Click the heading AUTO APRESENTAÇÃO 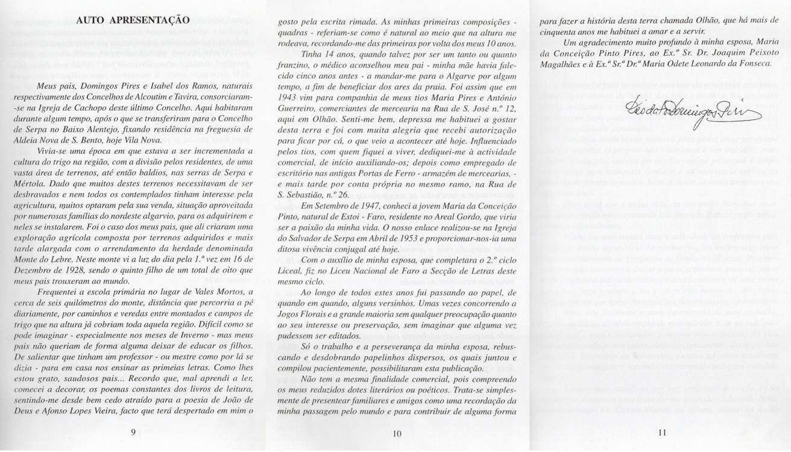coord(133,20)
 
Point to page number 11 coord(661,432)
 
